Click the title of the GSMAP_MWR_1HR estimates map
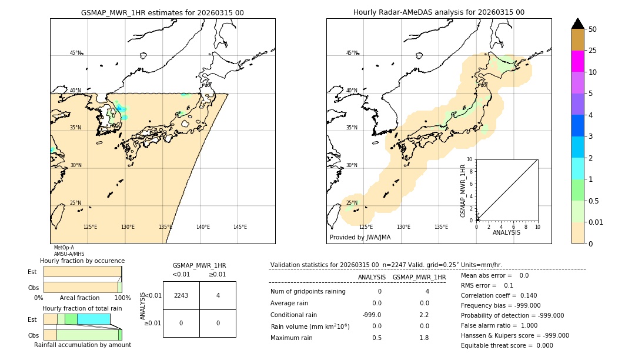pos(162,12)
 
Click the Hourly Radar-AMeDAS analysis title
pos(439,12)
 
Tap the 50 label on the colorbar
pos(593,29)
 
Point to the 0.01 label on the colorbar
pos(596,222)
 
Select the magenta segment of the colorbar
pos(577,61)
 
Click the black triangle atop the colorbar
pos(577,24)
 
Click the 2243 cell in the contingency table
pos(181,295)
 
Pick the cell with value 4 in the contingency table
pos(218,295)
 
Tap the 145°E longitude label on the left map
pos(240,227)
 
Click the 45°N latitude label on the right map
pos(352,53)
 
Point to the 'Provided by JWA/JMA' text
pos(360,238)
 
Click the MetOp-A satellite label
pos(63,248)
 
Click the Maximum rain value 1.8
pos(423,338)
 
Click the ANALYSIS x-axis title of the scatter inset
pos(506,232)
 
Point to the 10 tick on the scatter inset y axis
pos(470,159)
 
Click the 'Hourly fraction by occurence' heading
pos(82,261)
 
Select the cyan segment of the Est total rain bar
pos(93,319)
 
